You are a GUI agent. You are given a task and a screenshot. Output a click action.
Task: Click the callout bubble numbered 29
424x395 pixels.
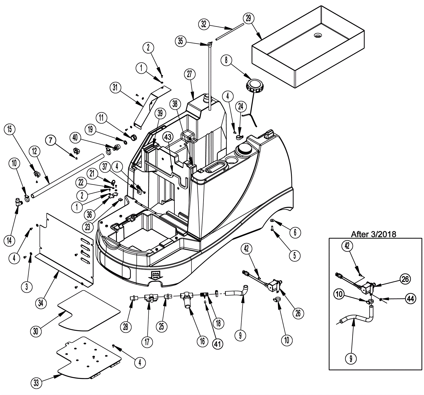coord(248,18)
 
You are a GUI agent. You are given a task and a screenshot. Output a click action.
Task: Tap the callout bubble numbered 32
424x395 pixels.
coord(204,24)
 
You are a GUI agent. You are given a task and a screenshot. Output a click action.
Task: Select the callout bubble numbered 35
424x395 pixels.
coord(180,41)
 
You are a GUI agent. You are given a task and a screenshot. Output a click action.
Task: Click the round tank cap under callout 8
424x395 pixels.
coord(254,85)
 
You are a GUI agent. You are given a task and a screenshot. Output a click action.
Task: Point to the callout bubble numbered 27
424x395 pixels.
coord(189,74)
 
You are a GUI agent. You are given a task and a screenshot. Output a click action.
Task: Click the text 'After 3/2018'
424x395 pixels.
coord(373,234)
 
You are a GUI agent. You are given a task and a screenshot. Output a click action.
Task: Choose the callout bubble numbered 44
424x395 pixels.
coord(410,299)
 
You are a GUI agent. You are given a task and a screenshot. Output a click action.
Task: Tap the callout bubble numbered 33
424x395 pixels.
coord(36,383)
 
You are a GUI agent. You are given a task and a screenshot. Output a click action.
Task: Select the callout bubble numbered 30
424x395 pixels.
coord(36,331)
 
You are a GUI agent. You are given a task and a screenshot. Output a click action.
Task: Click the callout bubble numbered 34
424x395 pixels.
coord(41,302)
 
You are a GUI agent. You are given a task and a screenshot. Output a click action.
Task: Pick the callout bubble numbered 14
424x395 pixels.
coord(9,240)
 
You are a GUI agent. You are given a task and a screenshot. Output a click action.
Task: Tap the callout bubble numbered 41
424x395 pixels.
coord(217,344)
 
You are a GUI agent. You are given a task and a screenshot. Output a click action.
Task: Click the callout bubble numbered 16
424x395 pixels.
coord(202,341)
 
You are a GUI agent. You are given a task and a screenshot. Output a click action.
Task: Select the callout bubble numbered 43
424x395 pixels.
coord(168,137)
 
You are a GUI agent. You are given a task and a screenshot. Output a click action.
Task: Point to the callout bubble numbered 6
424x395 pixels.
coord(295,232)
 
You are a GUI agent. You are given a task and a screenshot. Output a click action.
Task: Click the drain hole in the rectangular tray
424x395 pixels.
coord(317,35)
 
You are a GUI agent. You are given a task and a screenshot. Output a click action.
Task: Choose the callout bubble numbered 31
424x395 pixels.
coord(115,87)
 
